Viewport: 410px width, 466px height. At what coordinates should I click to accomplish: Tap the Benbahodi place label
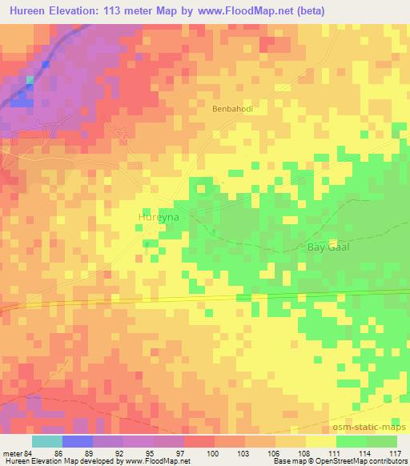[x=233, y=110]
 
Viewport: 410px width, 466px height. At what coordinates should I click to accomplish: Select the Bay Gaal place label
[x=328, y=247]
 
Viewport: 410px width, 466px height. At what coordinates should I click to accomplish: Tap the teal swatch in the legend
[x=47, y=441]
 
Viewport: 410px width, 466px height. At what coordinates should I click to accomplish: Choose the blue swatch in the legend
[x=78, y=441]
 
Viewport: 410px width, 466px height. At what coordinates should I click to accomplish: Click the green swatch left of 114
[x=352, y=441]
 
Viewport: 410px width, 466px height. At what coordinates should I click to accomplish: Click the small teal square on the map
[x=30, y=79]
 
